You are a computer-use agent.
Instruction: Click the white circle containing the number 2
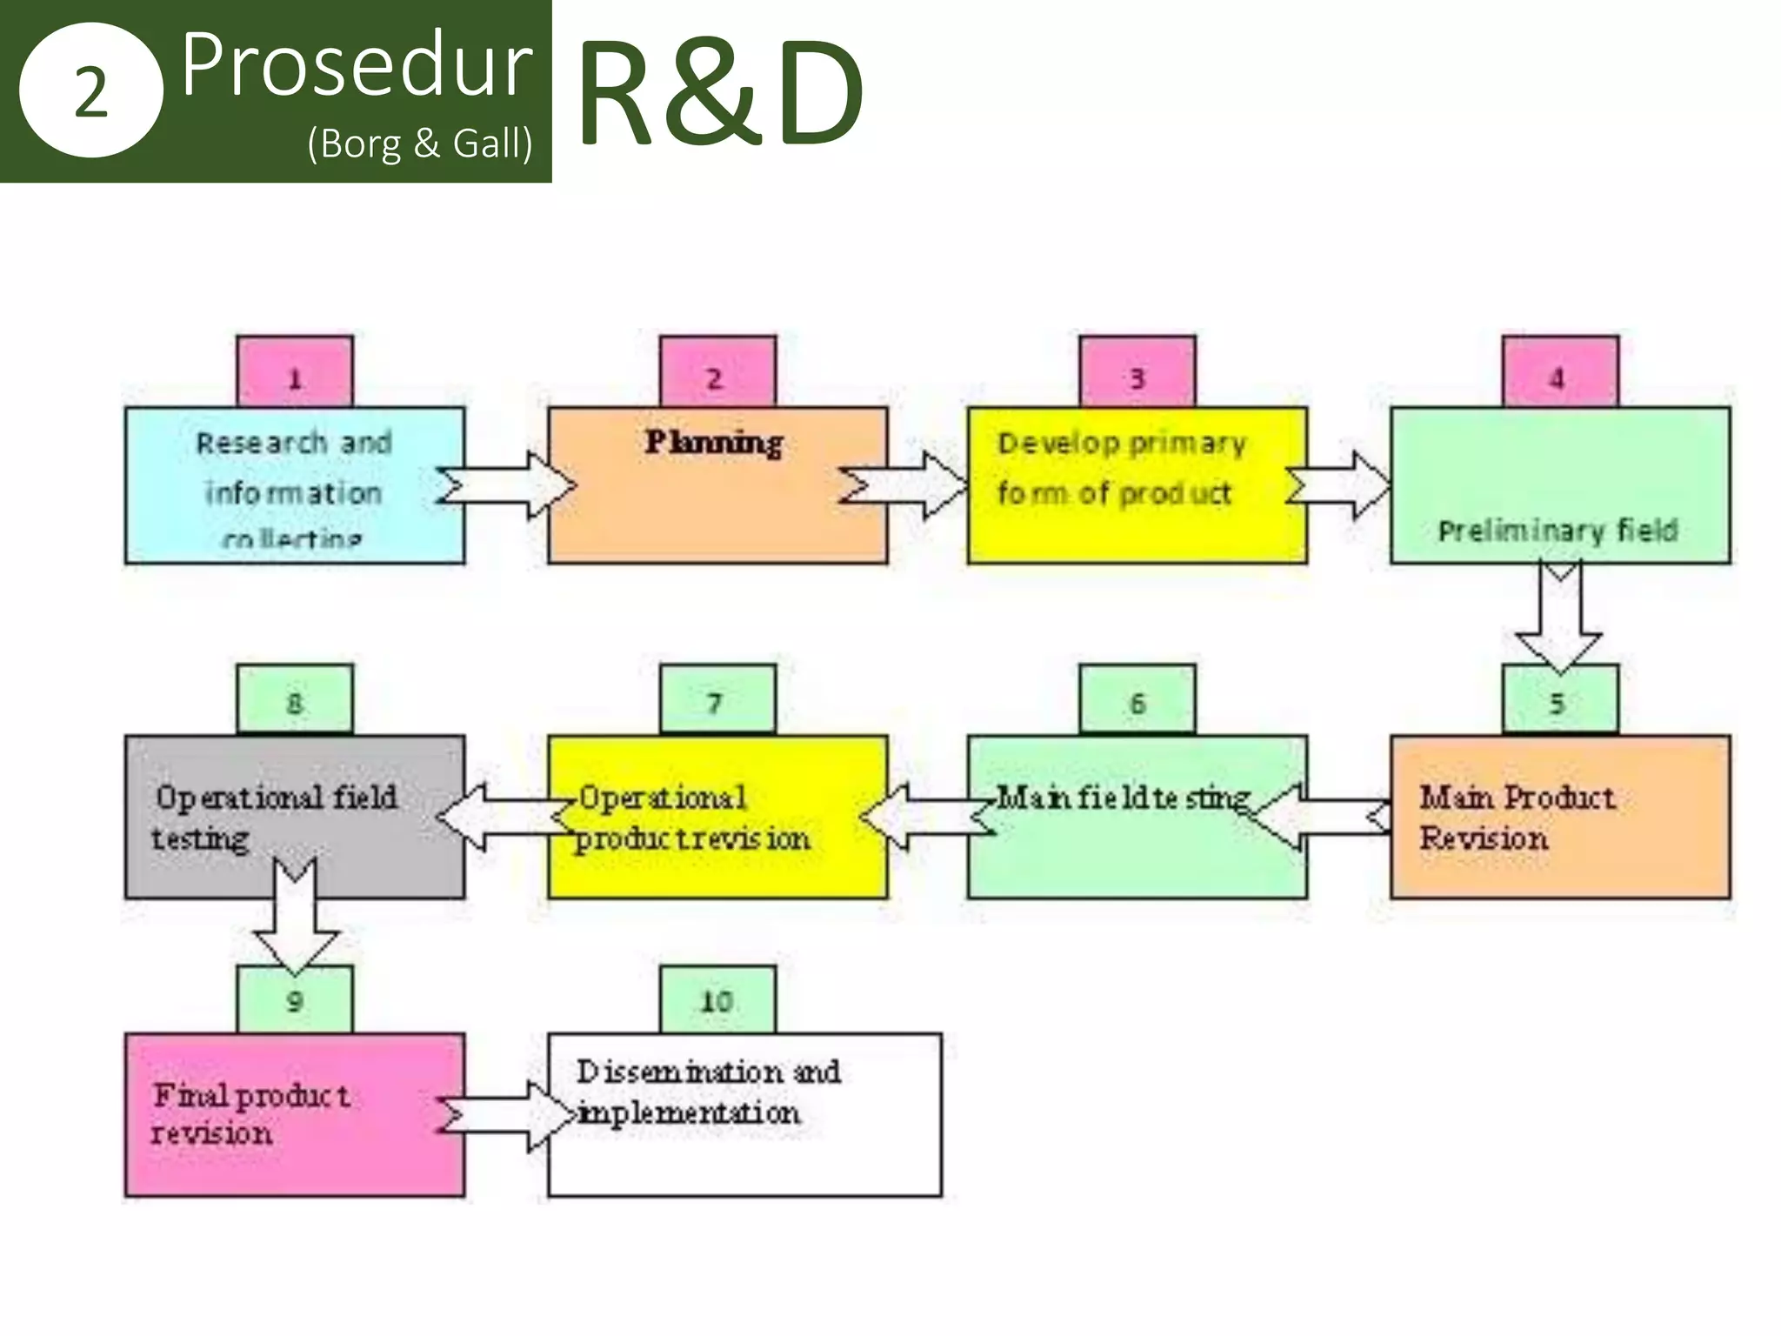90,90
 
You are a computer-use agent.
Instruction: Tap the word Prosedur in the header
357,64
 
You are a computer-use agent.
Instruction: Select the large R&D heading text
718,92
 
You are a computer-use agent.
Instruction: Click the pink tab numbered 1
295,372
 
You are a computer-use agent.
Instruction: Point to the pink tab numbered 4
1560,372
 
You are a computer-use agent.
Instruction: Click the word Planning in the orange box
714,443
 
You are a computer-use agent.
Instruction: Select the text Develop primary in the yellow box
1122,444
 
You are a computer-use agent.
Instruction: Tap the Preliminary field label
1557,531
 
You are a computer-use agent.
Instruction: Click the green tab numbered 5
1560,700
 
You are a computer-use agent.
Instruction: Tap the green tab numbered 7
717,700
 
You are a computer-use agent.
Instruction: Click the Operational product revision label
692,818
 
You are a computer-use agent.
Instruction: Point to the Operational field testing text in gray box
274,818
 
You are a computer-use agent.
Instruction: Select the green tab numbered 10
717,1000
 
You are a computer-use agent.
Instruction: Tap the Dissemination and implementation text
707,1092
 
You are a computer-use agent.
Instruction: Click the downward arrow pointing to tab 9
296,918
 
